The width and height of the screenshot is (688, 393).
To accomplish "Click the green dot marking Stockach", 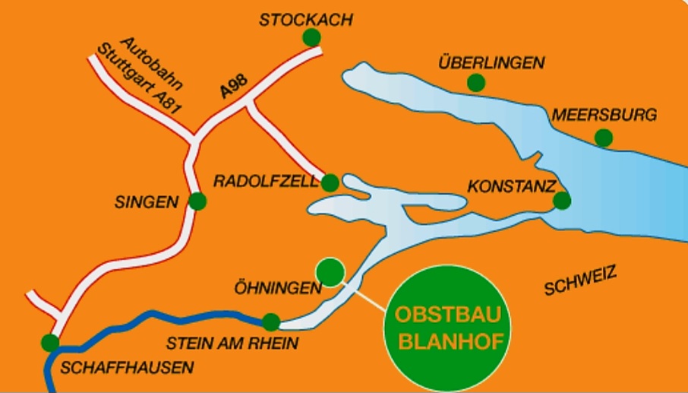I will coord(311,37).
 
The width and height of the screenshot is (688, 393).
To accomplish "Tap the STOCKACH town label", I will coord(305,20).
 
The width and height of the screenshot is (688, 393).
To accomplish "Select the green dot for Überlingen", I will coord(476,82).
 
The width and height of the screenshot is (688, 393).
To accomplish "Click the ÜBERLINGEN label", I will coord(491,63).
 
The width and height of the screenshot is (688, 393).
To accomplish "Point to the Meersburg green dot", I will coord(604,138).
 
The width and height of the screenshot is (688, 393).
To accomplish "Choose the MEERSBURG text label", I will coord(604,116).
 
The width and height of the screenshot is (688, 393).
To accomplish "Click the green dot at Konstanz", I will coord(562,201).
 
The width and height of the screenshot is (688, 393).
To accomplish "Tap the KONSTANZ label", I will coord(512,185).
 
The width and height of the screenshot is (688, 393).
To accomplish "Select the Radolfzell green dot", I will coord(330,182).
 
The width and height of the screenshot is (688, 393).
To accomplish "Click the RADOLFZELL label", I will coord(266,182).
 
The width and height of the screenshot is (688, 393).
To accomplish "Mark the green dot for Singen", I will coord(197,201).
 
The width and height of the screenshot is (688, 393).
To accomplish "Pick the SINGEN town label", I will coord(147,202).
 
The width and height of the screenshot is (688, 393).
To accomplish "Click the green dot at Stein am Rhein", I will coord(271,322).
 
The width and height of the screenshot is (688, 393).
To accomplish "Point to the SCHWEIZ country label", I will coord(580,283).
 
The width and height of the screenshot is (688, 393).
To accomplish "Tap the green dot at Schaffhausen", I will coord(50,342).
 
